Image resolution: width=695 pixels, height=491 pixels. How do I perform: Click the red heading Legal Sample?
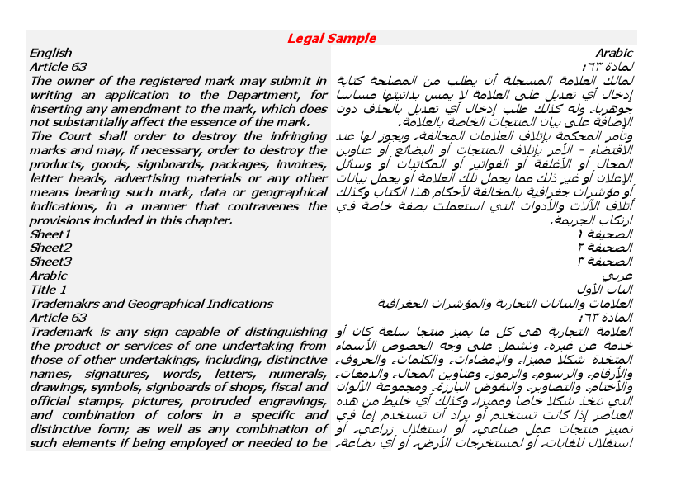coord(331,38)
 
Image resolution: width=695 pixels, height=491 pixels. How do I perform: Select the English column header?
coord(50,52)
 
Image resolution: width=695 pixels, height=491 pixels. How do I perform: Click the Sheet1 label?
coord(50,234)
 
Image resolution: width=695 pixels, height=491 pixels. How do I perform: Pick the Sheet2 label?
coord(50,248)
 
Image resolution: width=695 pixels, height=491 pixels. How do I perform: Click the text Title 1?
coord(48,290)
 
